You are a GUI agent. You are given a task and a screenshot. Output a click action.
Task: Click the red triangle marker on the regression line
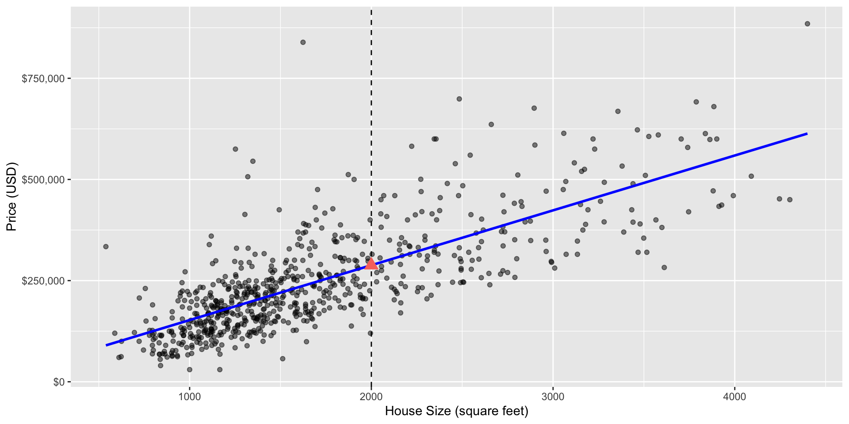point(371,264)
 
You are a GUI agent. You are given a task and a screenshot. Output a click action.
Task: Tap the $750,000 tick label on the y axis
point(43,79)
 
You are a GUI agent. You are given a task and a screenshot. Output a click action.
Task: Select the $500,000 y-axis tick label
point(43,180)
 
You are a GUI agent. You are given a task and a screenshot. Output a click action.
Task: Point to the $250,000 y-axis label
point(43,281)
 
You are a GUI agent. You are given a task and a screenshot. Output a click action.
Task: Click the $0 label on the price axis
point(58,382)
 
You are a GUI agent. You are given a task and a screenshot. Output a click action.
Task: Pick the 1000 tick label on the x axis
point(189,397)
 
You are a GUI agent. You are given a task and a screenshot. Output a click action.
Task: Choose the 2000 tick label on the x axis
point(371,397)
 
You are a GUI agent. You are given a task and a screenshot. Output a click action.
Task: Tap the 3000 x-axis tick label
point(553,397)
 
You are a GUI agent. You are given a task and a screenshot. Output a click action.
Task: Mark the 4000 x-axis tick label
point(734,397)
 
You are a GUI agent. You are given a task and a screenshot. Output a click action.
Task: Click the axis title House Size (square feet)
point(456,411)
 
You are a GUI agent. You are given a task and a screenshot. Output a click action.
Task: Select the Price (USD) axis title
point(11,197)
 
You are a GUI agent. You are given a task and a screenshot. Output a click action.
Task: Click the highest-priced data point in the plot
point(807,24)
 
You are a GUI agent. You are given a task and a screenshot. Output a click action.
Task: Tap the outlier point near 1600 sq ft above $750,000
point(303,42)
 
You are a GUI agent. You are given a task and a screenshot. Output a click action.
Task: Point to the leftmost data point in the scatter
point(106,246)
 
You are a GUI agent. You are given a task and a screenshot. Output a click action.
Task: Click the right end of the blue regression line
point(807,133)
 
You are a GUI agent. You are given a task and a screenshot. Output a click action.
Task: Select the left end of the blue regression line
point(106,345)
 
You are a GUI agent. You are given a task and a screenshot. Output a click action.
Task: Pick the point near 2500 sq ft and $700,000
point(459,99)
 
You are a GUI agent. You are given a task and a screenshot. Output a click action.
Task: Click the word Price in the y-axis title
point(11,216)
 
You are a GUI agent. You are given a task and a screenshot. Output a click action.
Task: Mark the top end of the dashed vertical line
point(371,10)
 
